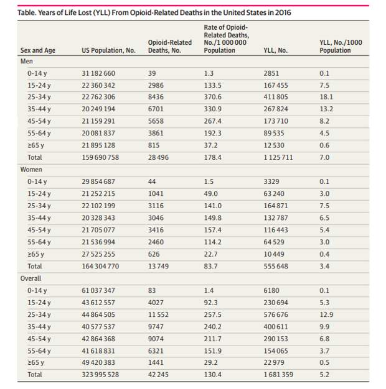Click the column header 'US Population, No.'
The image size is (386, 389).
[108, 50]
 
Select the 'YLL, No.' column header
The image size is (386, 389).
[275, 50]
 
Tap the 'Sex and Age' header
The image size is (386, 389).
[38, 50]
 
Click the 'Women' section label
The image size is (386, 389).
[31, 170]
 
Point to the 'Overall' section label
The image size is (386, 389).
[31, 278]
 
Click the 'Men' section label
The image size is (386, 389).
[26, 61]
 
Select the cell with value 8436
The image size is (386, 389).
[156, 97]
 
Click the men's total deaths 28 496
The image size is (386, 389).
[158, 157]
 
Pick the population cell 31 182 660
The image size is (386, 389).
[98, 73]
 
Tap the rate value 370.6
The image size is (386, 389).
[212, 97]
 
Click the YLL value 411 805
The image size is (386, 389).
[276, 97]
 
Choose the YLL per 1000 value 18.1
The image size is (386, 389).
[326, 97]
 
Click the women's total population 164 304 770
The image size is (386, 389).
[100, 266]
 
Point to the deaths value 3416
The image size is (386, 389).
[156, 230]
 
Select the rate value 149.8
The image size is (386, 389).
[212, 218]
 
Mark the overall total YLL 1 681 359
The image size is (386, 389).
[278, 374]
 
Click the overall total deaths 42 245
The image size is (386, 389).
[158, 374]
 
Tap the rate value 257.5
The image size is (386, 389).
[212, 314]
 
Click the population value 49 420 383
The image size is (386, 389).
[98, 362]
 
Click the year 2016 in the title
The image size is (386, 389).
[283, 12]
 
